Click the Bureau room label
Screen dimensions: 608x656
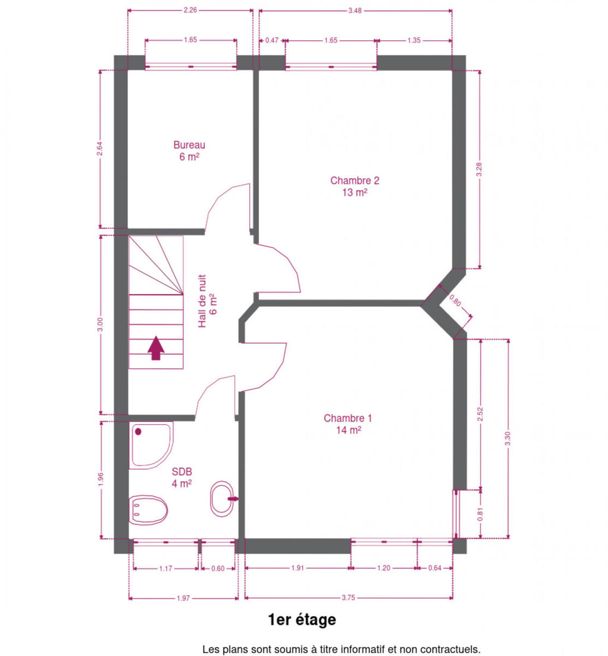click(x=189, y=151)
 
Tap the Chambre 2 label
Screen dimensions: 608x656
click(x=355, y=186)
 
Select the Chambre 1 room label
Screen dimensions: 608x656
click(x=348, y=424)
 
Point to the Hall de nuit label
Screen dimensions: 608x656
click(x=207, y=301)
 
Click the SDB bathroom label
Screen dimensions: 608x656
click(x=181, y=478)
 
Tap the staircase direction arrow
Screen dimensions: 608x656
click(x=156, y=348)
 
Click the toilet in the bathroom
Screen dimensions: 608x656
click(x=148, y=510)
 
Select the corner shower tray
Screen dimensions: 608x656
click(x=151, y=445)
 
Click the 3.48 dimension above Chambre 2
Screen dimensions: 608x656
click(x=355, y=10)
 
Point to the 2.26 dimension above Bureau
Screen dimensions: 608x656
click(x=190, y=10)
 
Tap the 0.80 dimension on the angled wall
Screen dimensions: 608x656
click(x=455, y=301)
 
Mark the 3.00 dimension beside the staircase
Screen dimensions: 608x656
click(x=101, y=324)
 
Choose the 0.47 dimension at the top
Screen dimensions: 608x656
click(x=272, y=40)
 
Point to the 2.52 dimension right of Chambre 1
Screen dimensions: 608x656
click(x=480, y=414)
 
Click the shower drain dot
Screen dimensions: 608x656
click(x=138, y=432)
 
